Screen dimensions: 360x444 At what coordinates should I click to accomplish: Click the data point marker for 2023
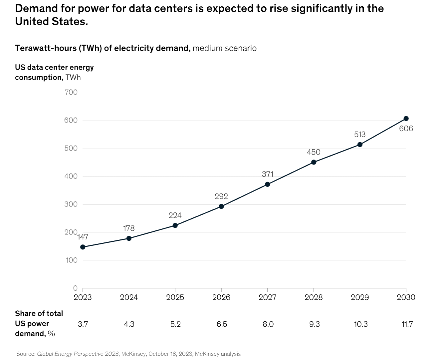coord(83,247)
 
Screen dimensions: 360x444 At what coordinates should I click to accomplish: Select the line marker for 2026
coord(221,206)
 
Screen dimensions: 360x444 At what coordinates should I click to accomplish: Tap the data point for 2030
coord(406,119)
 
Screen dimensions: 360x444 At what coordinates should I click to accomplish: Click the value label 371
coord(268,174)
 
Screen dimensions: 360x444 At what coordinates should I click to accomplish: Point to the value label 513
coord(360,135)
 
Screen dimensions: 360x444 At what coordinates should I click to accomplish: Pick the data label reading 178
coord(129,228)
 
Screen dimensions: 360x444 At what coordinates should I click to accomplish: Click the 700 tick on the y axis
coord(71,92)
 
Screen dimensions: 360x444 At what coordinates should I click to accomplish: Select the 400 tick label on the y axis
coord(71,176)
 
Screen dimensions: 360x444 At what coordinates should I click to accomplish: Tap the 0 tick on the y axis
coord(75,288)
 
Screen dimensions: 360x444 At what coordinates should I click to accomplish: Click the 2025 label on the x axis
coord(175,297)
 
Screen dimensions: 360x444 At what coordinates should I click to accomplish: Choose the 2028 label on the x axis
coord(314,297)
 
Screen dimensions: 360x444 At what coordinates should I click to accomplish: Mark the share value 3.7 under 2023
coord(83,324)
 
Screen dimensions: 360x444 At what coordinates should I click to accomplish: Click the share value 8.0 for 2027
coord(268,324)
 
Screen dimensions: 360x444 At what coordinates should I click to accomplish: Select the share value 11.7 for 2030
coord(407,324)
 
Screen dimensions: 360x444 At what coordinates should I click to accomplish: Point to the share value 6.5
coord(222,324)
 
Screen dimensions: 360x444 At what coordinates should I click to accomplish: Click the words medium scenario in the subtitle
coord(225,48)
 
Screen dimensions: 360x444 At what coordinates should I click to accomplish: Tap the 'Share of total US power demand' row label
coord(39,323)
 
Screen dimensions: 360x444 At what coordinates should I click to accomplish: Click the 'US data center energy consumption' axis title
coord(54,72)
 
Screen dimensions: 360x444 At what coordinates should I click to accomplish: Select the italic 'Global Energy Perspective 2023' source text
coord(78,354)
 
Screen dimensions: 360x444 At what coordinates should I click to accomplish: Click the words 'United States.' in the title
coord(52,22)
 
